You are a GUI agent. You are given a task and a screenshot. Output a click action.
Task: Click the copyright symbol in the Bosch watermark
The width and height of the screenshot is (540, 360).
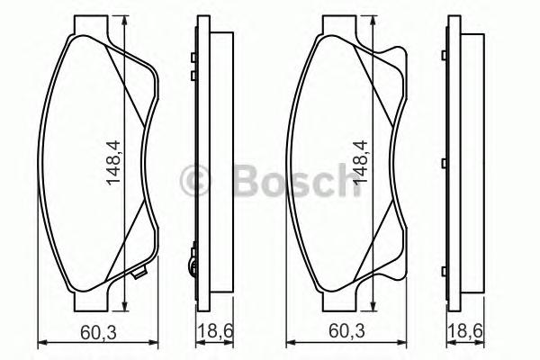[195, 181]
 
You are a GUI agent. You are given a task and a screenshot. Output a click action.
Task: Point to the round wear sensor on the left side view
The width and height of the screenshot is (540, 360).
[190, 265]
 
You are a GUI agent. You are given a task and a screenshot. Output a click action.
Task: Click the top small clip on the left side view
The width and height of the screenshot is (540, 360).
[193, 58]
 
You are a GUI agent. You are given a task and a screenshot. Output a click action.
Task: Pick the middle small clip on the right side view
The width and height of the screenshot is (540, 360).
[445, 162]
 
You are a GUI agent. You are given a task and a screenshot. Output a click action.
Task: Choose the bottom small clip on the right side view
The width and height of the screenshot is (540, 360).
[445, 266]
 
